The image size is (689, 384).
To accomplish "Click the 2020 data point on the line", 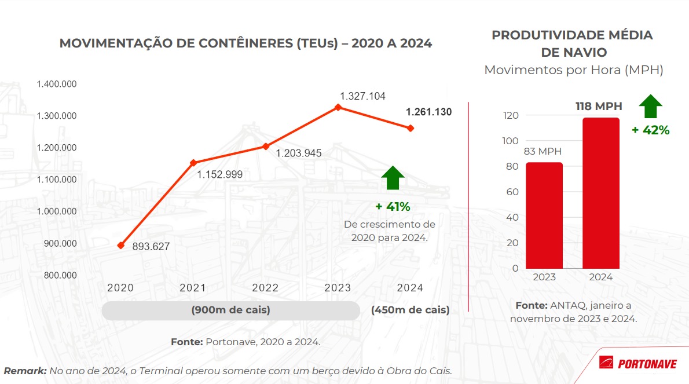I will pyautogui.click(x=120, y=246).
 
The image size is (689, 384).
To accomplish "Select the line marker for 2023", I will pyautogui.click(x=338, y=107).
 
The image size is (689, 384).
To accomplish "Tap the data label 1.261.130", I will pyautogui.click(x=428, y=112).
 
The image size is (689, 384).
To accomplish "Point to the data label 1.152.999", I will pyautogui.click(x=219, y=174).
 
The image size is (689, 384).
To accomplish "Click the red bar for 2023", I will pyautogui.click(x=544, y=215).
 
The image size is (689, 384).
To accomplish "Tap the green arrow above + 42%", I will pyautogui.click(x=650, y=107).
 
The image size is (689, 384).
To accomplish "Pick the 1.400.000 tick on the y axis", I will pyautogui.click(x=57, y=85).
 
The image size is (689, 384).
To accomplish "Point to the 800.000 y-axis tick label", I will pyautogui.click(x=60, y=275).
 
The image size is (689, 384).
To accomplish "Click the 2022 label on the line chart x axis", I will pyautogui.click(x=265, y=288).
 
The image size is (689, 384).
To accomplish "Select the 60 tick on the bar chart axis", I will pyautogui.click(x=512, y=192).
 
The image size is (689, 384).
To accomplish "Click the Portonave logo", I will pyautogui.click(x=637, y=363).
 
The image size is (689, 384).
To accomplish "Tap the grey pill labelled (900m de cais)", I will pyautogui.click(x=230, y=310).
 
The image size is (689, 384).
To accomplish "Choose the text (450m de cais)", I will pyautogui.click(x=410, y=310).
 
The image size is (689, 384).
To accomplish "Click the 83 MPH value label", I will pyautogui.click(x=543, y=152).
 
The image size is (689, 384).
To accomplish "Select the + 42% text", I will pyautogui.click(x=650, y=130).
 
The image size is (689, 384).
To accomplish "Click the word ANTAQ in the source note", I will pyautogui.click(x=570, y=305).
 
